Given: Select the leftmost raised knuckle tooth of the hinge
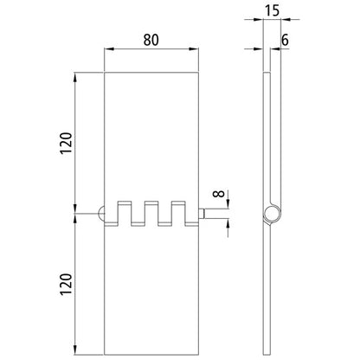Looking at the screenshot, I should (126, 211).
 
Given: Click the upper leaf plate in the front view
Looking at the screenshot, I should (155, 130).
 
